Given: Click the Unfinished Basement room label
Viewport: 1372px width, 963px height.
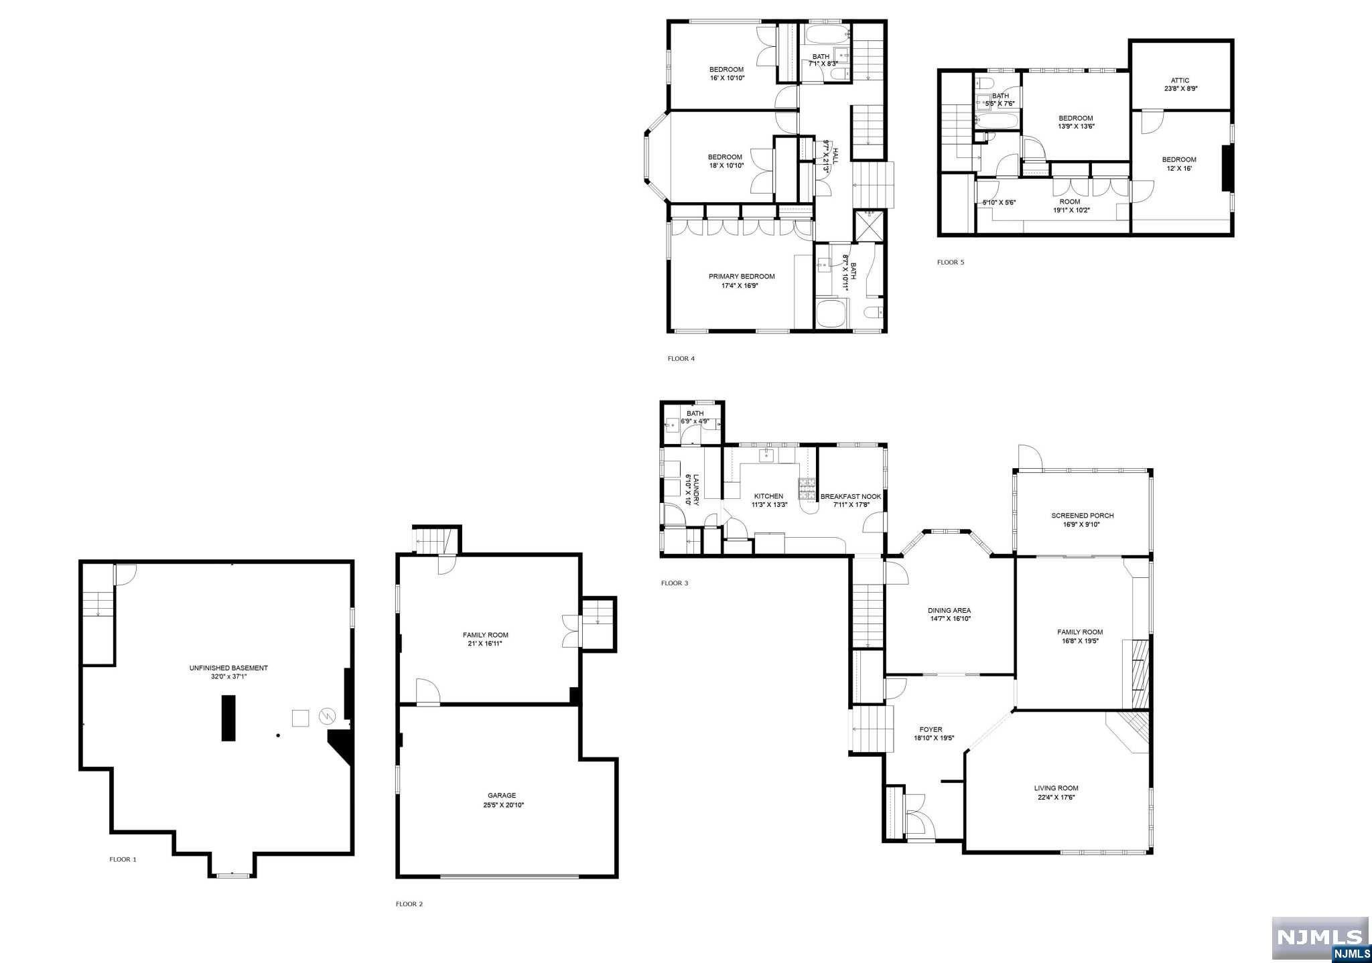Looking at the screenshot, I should (x=228, y=668).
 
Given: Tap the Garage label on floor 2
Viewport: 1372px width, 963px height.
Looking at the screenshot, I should (x=502, y=796).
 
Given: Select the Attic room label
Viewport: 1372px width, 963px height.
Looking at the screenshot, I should (x=1180, y=80).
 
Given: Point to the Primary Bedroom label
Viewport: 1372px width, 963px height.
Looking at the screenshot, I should (x=742, y=277).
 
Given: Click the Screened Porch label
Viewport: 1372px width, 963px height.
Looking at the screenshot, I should (x=1082, y=516).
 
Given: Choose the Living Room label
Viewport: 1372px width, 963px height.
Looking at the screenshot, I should (x=1056, y=788).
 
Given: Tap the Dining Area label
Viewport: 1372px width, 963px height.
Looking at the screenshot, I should (x=949, y=610).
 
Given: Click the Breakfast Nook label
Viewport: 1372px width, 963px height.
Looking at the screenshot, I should (x=851, y=496).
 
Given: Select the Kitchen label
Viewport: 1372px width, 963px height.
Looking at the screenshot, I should (x=768, y=496).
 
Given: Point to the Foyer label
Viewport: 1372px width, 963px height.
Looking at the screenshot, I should (x=931, y=730).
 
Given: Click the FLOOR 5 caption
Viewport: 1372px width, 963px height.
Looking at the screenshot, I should (x=950, y=263).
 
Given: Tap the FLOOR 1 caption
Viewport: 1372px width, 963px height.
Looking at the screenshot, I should (x=123, y=859).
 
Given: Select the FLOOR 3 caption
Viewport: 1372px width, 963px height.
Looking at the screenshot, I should (x=674, y=583).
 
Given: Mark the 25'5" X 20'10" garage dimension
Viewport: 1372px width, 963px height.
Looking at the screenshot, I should (x=503, y=805).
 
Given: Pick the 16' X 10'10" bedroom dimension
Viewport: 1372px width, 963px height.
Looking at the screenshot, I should (x=726, y=78).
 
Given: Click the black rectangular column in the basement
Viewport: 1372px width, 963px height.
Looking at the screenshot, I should (x=228, y=717).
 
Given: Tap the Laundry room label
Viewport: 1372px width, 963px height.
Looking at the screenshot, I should (x=696, y=490).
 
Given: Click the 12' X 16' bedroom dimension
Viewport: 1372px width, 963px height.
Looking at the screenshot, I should (x=1178, y=169).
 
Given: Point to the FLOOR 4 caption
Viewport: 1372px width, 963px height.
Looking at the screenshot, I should (x=681, y=359).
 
